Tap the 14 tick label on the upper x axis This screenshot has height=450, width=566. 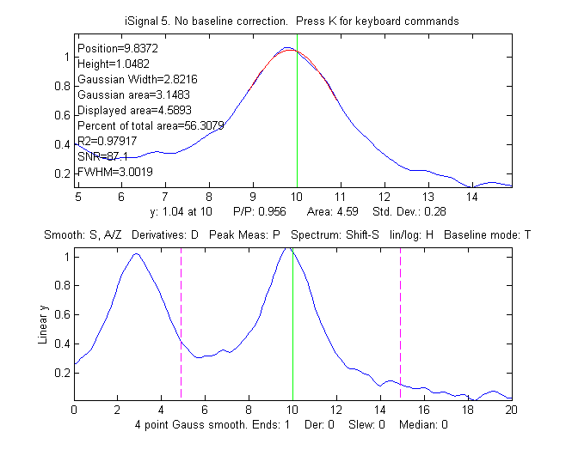point(471,197)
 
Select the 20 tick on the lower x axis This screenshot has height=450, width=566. point(511,410)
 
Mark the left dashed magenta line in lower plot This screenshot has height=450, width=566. point(181,326)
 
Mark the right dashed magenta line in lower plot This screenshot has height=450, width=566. point(400,326)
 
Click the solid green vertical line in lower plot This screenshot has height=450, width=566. point(292,326)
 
